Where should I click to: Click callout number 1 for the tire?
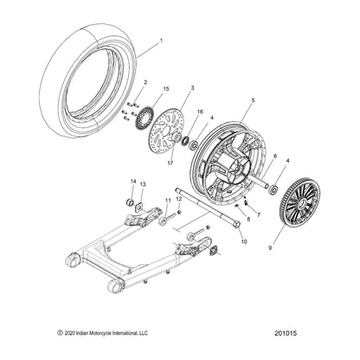coord(159,41)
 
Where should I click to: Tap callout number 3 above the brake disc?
coord(191,88)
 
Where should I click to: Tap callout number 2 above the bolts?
coord(145,82)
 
